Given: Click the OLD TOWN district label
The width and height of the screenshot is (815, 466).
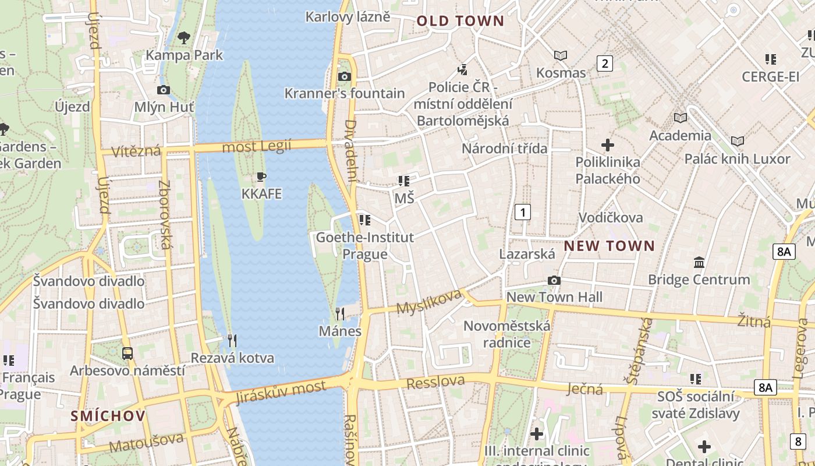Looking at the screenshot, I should tap(460, 21).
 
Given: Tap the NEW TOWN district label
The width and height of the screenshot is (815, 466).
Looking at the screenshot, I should tap(609, 246).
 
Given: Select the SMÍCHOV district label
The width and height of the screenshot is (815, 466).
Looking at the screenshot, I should tap(108, 416).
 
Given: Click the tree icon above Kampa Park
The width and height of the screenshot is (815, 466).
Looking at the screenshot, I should tap(184, 38).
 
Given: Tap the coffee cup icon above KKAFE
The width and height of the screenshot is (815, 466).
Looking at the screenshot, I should tap(261, 176).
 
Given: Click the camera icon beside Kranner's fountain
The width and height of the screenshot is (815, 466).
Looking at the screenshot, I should tap(345, 76).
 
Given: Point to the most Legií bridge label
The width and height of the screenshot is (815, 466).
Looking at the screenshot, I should tap(256, 146).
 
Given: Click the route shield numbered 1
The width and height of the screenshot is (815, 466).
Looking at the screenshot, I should tap(523, 212).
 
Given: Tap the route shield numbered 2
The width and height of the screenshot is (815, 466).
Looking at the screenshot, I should tap(605, 63).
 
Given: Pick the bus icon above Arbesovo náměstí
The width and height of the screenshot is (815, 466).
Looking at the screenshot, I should tap(127, 353).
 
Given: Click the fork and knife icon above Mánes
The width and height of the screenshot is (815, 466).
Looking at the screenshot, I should tap(340, 314).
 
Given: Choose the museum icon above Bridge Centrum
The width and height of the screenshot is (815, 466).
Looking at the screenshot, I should tap(699, 263).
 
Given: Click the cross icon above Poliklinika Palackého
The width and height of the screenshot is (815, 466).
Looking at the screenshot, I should tap(608, 144).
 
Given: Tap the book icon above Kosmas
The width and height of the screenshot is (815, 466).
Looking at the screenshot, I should tap(561, 56).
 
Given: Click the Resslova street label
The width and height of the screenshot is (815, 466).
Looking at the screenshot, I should tap(435, 383).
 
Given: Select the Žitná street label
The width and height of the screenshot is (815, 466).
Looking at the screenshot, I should tap(753, 320).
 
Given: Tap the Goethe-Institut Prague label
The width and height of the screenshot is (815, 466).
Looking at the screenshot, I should tap(364, 245).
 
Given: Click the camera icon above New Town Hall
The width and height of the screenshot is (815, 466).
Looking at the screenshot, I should tap(554, 281).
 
